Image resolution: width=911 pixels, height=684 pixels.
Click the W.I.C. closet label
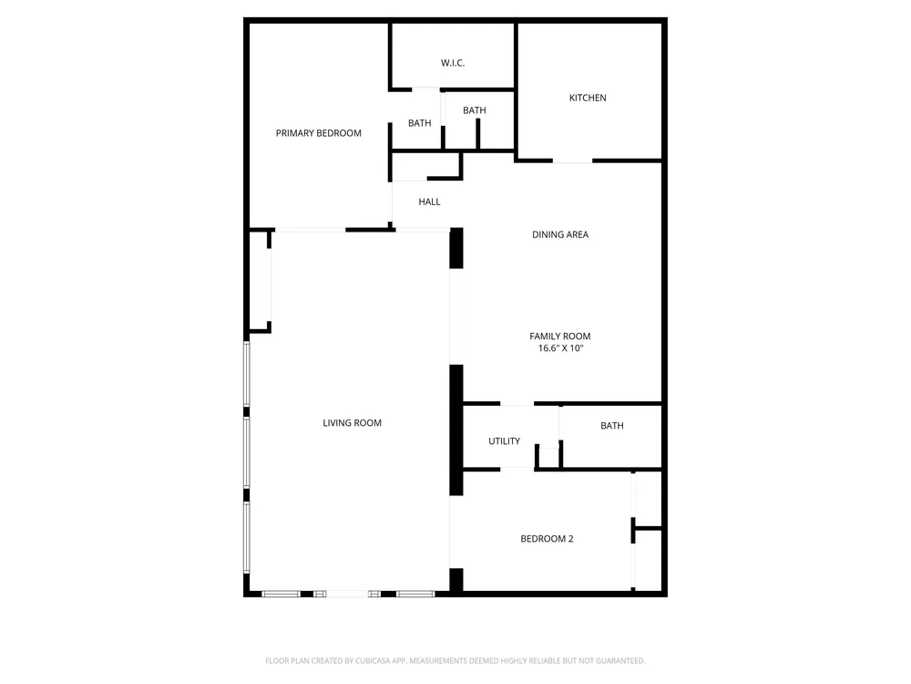(x=453, y=63)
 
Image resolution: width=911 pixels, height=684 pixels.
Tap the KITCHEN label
(x=588, y=98)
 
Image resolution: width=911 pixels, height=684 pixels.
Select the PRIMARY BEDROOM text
(x=318, y=133)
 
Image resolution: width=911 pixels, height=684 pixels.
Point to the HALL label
(x=429, y=202)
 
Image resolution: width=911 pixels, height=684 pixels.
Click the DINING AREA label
(x=560, y=234)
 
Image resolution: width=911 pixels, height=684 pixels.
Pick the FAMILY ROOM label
(x=560, y=337)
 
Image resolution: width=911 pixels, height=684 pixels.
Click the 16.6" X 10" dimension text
(x=560, y=348)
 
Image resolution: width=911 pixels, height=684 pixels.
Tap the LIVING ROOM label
(x=352, y=423)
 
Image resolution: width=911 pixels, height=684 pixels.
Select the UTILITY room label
(x=505, y=440)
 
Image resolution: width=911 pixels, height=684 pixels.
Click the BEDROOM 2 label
(x=547, y=539)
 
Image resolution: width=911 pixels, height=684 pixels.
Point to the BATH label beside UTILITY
(x=612, y=426)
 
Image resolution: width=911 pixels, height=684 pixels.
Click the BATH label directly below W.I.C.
(x=474, y=110)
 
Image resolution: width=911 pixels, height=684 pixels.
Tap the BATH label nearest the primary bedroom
(x=419, y=123)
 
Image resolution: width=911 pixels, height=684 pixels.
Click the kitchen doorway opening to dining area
(x=572, y=161)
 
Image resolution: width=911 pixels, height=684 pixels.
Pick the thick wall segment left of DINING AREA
(x=456, y=248)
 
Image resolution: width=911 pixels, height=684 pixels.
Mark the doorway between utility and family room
(x=517, y=404)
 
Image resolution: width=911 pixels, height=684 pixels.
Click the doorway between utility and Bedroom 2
(x=517, y=469)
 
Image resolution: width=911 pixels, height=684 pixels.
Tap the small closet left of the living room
(x=260, y=282)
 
